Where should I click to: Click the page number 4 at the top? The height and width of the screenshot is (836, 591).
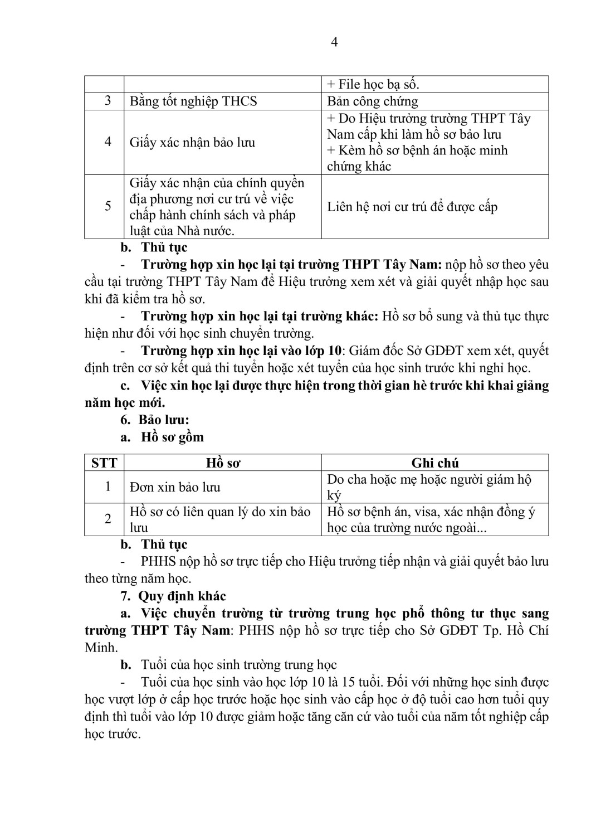click(334, 42)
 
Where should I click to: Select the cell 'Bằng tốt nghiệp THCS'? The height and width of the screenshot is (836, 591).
click(193, 101)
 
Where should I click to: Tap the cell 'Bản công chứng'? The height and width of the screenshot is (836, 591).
click(372, 101)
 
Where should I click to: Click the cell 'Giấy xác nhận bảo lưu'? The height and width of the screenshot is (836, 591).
click(192, 143)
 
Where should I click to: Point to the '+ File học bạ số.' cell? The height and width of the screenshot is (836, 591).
click(373, 84)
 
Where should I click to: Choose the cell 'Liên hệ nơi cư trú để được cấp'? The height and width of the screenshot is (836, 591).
click(412, 207)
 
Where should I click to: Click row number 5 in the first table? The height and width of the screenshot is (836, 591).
click(108, 206)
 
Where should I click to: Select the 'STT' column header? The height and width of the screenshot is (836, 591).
click(104, 463)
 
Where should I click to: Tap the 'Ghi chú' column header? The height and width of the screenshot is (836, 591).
click(435, 463)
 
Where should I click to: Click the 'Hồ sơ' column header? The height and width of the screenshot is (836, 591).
click(223, 463)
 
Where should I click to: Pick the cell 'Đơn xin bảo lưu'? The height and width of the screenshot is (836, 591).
click(175, 487)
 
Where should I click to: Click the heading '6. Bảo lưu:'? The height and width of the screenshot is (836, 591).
click(155, 420)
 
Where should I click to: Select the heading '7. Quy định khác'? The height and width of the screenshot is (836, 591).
click(173, 596)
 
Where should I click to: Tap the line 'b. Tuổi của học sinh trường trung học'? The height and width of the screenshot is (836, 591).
click(229, 665)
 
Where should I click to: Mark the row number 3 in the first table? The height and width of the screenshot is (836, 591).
click(108, 101)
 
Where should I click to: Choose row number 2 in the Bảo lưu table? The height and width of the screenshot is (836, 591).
click(108, 519)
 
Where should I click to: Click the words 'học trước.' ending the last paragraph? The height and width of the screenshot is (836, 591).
click(113, 734)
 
